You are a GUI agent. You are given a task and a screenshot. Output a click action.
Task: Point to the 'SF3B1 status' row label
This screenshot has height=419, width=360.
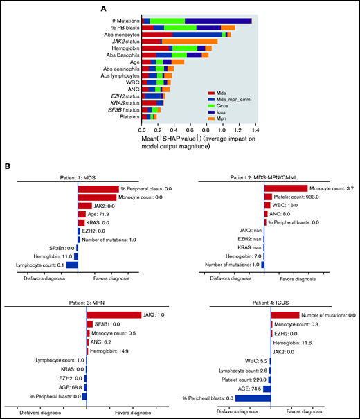118,109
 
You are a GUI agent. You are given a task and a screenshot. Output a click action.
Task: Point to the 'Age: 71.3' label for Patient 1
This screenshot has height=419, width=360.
101,215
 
